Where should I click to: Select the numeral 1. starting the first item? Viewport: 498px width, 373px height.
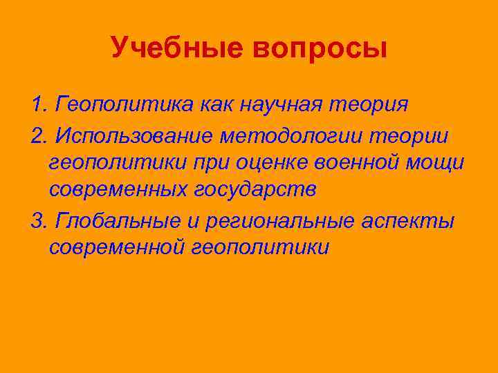click(x=40, y=106)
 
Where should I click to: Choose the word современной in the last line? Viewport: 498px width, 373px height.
click(x=115, y=247)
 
